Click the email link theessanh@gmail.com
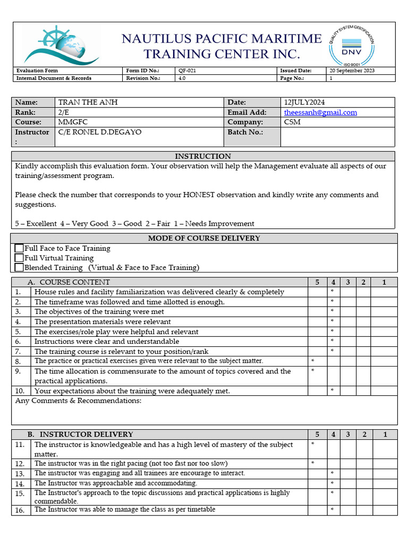coord(320,112)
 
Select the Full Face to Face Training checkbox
coord(19,248)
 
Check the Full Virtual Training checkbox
coord(19,258)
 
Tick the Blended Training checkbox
coord(19,268)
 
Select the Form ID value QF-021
coord(188,71)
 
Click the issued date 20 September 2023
coord(352,71)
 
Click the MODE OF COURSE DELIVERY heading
coord(204,238)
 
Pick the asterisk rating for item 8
coord(312,361)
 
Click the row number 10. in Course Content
coord(19,391)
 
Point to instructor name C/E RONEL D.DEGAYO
coord(99,132)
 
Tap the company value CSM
coord(292,122)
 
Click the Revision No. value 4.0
coord(182,78)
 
